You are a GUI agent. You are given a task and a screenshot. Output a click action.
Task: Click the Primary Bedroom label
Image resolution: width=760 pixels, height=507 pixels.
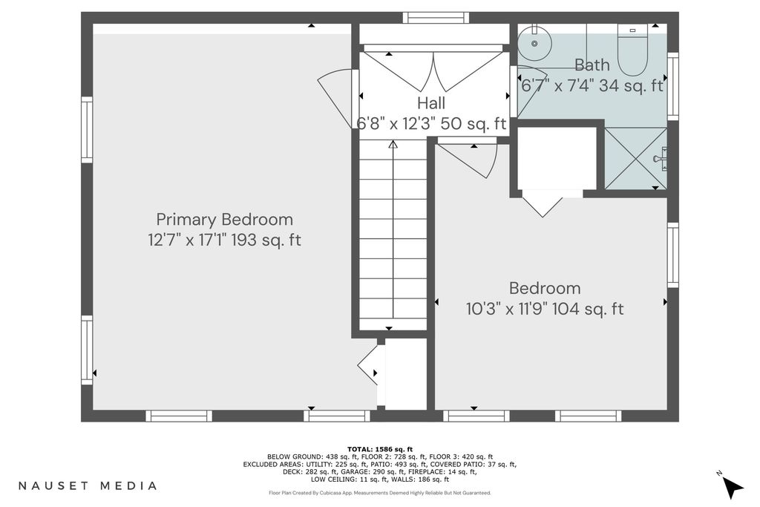(x=224, y=220)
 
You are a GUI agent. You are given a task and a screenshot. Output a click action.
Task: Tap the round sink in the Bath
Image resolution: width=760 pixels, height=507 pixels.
(x=534, y=42)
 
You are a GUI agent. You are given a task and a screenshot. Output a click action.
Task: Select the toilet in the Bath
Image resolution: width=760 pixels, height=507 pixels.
(x=632, y=50)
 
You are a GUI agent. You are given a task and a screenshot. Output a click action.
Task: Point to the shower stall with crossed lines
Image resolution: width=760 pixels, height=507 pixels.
(x=635, y=158)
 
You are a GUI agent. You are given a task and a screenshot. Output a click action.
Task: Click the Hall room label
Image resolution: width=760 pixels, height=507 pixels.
(x=431, y=102)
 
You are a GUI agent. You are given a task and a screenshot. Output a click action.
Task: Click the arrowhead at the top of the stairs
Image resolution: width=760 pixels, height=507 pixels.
(x=393, y=144)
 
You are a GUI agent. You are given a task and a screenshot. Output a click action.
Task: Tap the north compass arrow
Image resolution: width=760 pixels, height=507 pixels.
(x=733, y=486)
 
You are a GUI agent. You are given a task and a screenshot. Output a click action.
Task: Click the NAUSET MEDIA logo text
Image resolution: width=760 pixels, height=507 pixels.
(x=88, y=485)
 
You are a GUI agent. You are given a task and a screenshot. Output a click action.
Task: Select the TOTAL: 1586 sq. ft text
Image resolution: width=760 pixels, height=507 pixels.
(x=380, y=449)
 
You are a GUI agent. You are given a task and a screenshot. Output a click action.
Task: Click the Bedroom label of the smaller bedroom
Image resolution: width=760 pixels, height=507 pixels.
(x=545, y=289)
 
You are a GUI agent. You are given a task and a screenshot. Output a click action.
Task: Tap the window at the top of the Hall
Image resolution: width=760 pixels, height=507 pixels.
(x=436, y=18)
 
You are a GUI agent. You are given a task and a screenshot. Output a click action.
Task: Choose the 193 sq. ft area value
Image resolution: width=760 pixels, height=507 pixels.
(x=266, y=240)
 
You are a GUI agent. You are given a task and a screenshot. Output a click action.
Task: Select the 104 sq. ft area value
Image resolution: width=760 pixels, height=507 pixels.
(x=588, y=309)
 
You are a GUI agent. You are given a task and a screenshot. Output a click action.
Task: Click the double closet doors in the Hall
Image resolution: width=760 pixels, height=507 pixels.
(x=433, y=71)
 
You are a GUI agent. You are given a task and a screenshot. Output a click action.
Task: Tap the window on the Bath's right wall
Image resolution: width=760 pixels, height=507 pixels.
(x=672, y=86)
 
